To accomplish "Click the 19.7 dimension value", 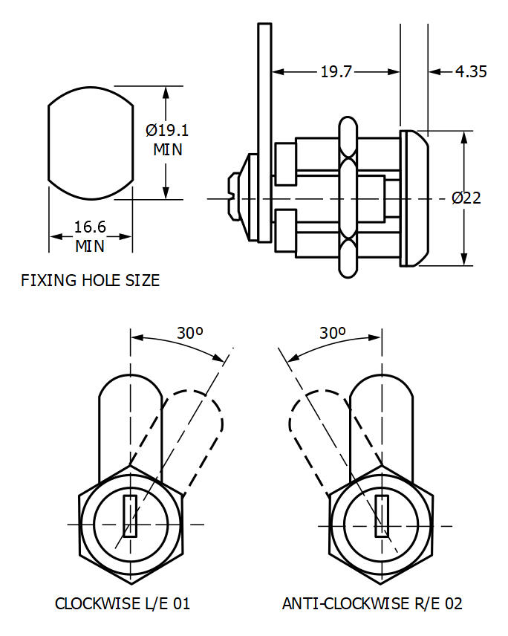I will click(x=336, y=71).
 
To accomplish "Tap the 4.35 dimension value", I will click(x=471, y=71).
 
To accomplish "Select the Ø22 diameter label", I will click(x=466, y=198).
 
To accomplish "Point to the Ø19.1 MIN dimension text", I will click(x=167, y=140).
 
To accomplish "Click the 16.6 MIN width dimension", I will click(x=90, y=236).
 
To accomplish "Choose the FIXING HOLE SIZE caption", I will click(x=90, y=281).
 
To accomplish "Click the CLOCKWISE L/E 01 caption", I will click(x=123, y=603).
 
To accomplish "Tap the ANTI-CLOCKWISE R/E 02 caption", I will click(x=372, y=603).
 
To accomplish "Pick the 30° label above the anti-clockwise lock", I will click(x=332, y=333).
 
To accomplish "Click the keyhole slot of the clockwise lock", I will click(x=130, y=516).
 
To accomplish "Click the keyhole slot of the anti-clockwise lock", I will click(x=381, y=516).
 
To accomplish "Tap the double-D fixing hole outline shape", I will click(x=90, y=144).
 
